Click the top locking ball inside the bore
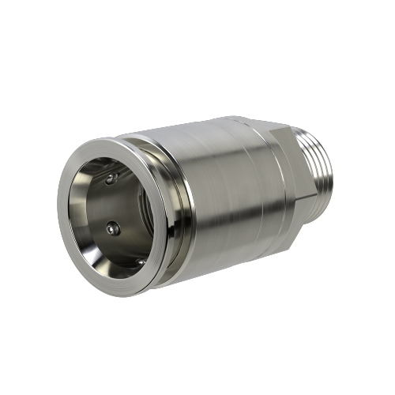pyautogui.click(x=110, y=180)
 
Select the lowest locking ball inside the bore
pyautogui.click(x=140, y=261)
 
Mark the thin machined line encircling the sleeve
pyautogui.click(x=251, y=197)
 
